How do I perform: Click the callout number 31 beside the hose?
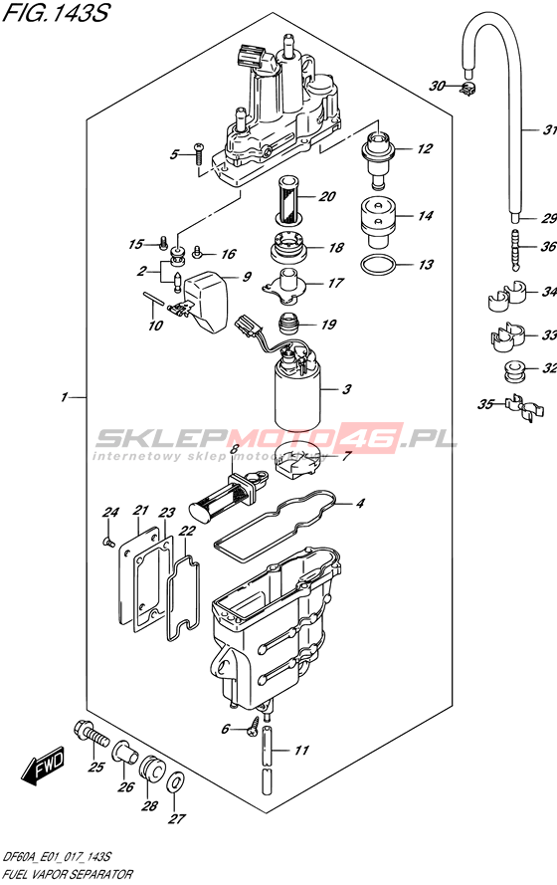549,130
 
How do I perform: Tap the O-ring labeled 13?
377,264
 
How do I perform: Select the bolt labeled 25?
92,734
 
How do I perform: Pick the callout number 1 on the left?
64,397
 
